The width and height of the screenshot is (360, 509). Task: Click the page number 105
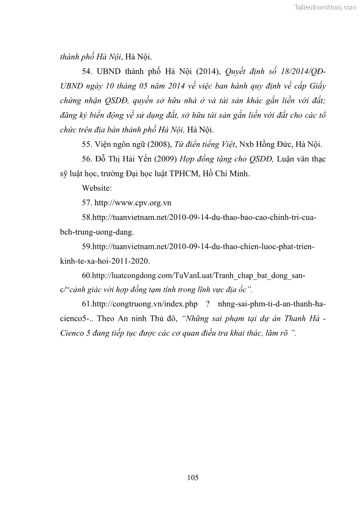click(193, 477)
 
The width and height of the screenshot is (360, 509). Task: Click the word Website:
click(97, 188)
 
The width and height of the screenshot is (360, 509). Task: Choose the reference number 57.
click(87, 203)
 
